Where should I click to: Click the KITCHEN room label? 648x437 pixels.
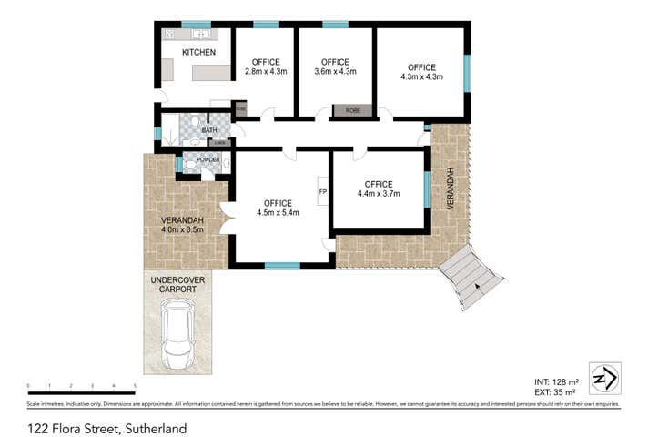coord(198,53)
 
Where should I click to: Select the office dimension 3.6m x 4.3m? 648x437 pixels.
coord(334,71)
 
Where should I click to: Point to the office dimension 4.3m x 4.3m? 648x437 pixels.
coord(421,76)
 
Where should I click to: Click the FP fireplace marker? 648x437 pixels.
coord(322,191)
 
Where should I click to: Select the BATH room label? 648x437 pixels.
coord(209,130)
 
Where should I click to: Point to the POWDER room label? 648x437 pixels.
coord(208,160)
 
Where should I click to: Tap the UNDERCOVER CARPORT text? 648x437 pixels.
coord(177,284)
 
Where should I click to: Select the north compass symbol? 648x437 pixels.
coord(604,376)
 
